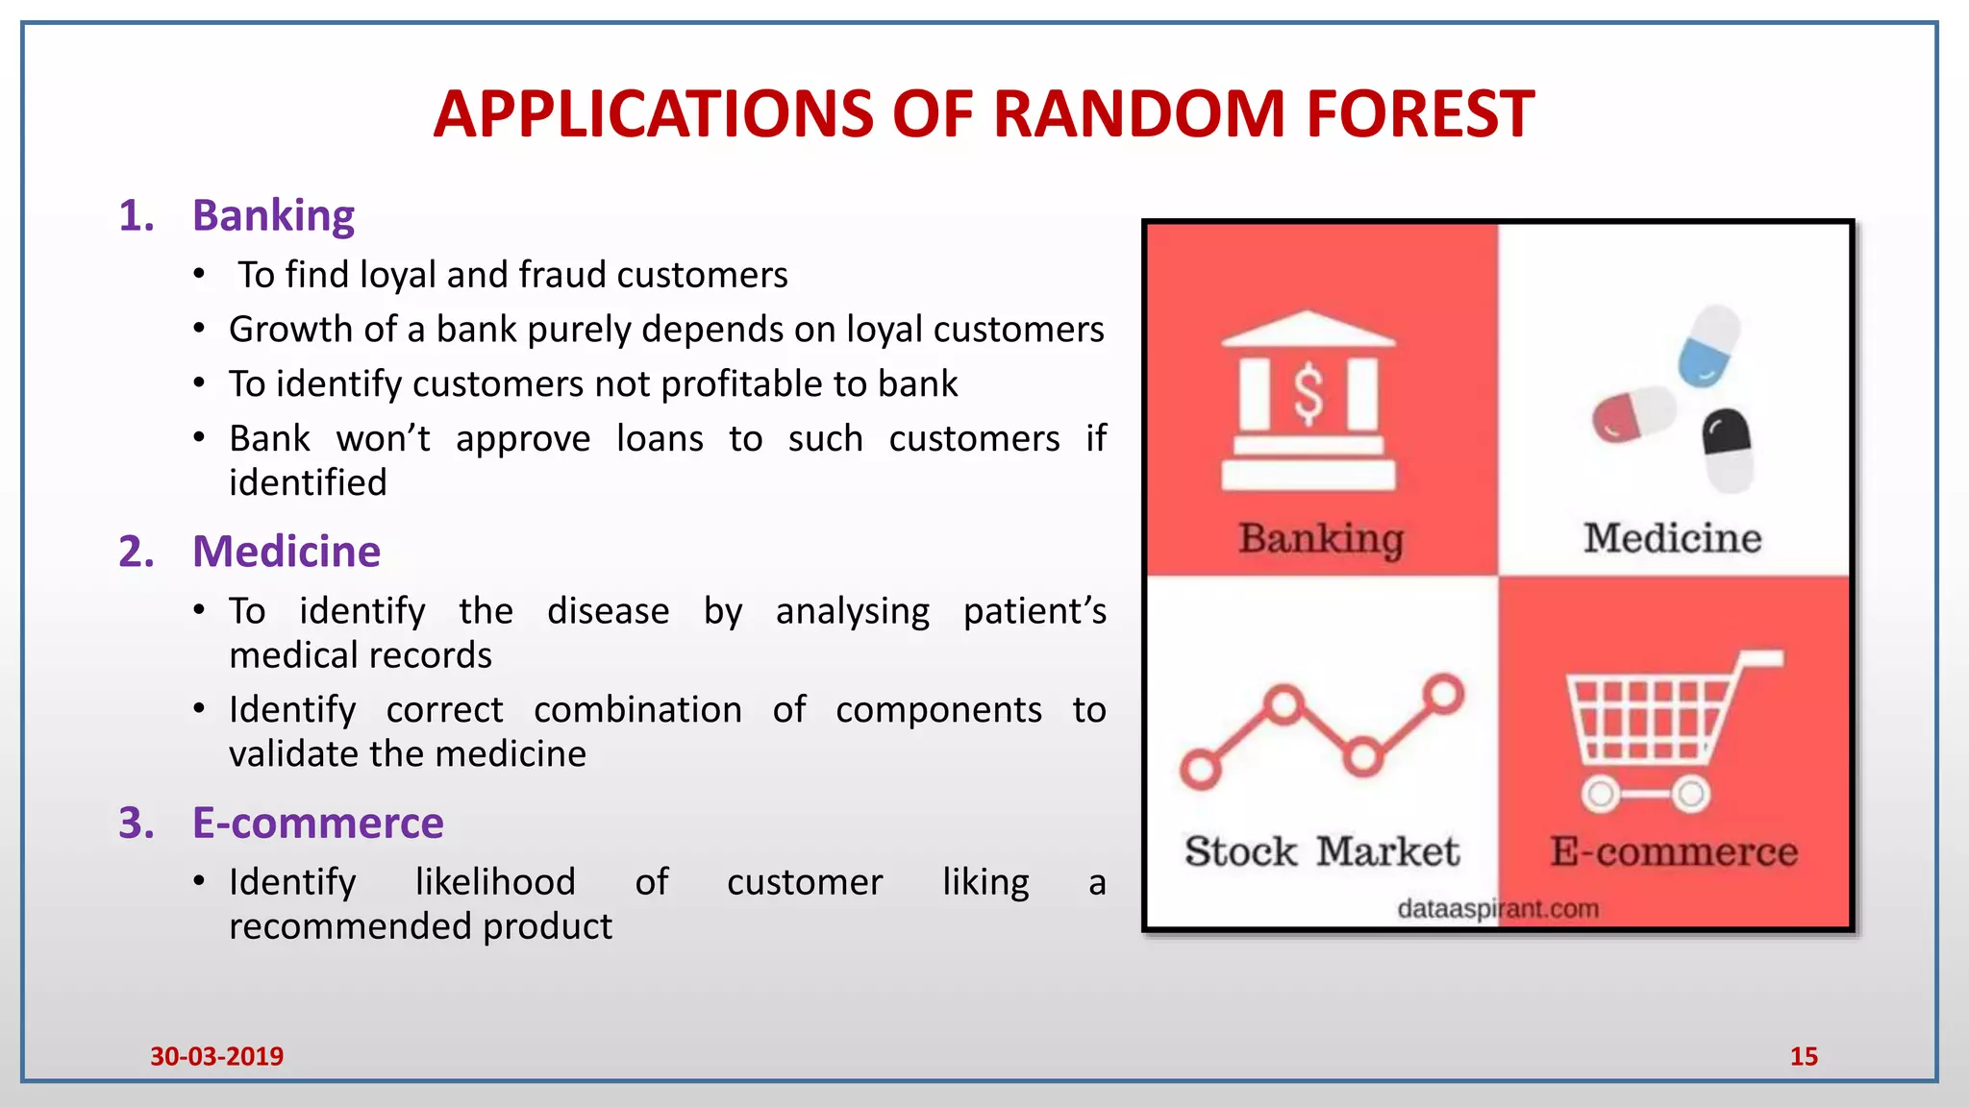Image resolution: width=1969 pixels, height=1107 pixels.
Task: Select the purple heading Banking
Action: coord(273,215)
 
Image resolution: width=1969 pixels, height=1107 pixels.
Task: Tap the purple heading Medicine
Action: coord(287,552)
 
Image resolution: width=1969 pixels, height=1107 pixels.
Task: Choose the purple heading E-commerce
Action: coord(317,824)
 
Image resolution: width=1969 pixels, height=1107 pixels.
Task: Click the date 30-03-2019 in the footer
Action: coord(216,1056)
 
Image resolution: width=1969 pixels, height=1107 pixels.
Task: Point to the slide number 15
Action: coord(1803,1056)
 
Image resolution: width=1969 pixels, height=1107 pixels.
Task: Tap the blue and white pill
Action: coord(1709,346)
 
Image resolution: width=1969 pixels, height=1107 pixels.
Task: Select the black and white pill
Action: coord(1728,450)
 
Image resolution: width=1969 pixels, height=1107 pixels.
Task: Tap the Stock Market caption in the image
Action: coord(1321,851)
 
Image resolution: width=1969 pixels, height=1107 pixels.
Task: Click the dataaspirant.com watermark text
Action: coord(1497,908)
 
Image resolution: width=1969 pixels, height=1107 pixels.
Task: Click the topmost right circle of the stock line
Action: coord(1443,694)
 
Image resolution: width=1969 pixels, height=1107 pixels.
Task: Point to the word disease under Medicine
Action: coord(608,611)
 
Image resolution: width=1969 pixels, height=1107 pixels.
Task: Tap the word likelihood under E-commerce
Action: coord(495,882)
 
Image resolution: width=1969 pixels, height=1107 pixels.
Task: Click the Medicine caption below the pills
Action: coord(1672,538)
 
